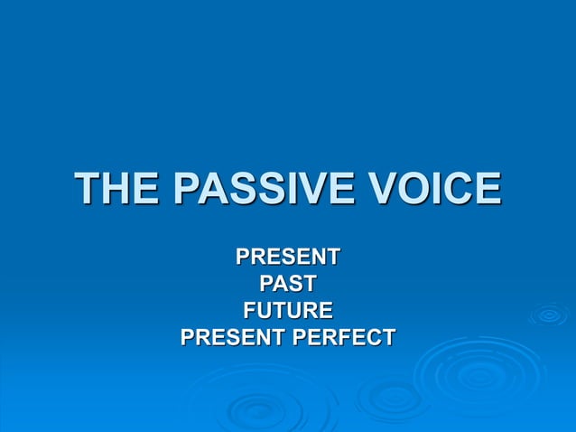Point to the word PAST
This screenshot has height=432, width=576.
pyautogui.click(x=288, y=284)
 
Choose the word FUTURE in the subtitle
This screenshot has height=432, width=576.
pyautogui.click(x=288, y=311)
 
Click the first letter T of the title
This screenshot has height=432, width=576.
pyautogui.click(x=88, y=190)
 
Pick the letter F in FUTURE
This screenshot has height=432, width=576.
pyautogui.click(x=251, y=311)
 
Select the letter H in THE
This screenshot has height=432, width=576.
pyautogui.click(x=118, y=190)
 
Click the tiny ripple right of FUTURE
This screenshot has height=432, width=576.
pyautogui.click(x=548, y=315)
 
